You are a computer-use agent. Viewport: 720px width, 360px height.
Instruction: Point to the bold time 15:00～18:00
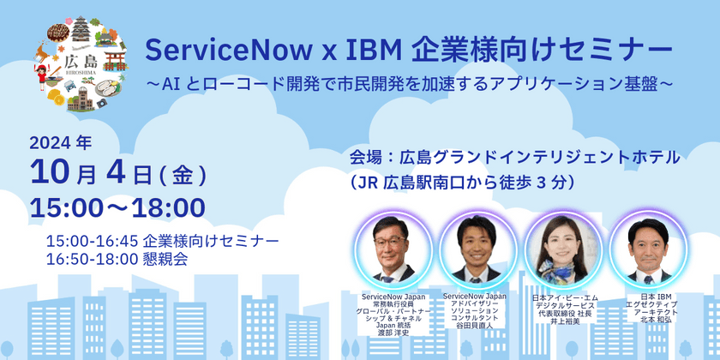pos(117,207)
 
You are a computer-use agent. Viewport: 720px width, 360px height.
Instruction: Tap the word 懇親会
pos(171,258)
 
